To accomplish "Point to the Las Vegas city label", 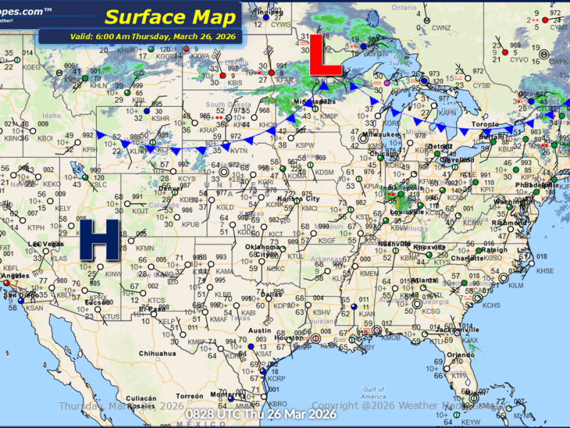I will [43, 244].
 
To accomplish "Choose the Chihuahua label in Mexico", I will [157, 353].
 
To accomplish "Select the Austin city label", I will [259, 330].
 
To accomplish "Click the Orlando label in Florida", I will [461, 355].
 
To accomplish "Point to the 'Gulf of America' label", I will [373, 392].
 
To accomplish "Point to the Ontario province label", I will [403, 7].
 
